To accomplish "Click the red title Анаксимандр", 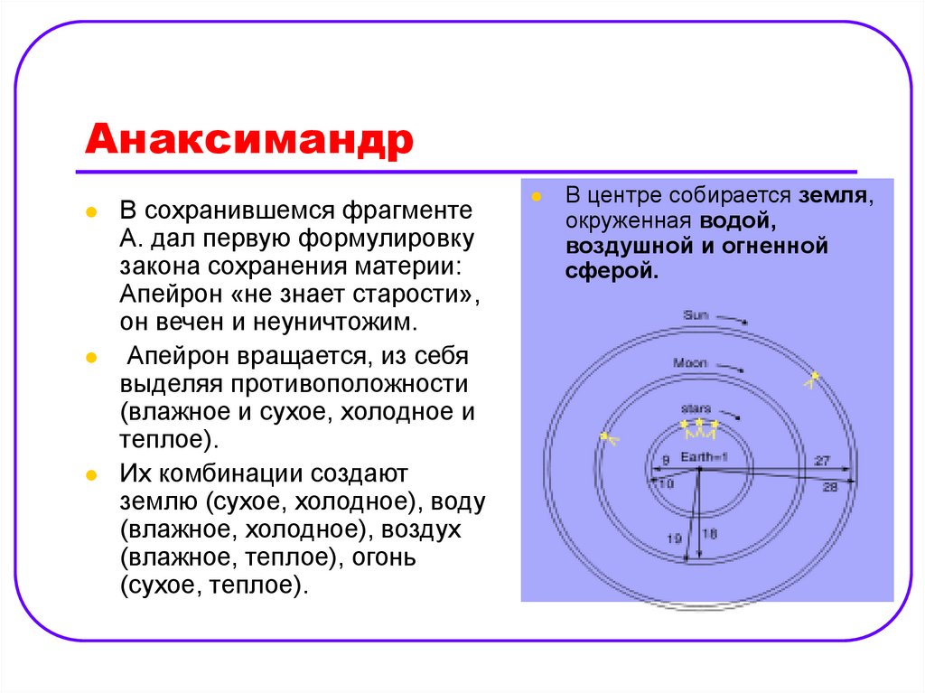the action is click(x=249, y=140).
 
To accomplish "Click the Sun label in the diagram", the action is click(x=696, y=315).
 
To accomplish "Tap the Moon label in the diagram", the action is click(x=689, y=362).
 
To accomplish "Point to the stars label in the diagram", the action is click(x=696, y=408).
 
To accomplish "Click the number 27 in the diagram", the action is click(x=822, y=461).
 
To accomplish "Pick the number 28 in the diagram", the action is click(x=830, y=487).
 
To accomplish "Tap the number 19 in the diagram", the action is click(x=674, y=538).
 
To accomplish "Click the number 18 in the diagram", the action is click(x=710, y=534).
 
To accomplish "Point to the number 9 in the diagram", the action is click(x=666, y=460).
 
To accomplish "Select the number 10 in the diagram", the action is click(x=666, y=484).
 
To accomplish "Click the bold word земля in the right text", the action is click(x=833, y=195).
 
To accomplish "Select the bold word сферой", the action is click(x=612, y=271).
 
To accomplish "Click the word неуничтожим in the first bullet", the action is click(x=335, y=323).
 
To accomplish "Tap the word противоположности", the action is click(x=350, y=384).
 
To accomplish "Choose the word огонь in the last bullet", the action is click(x=383, y=557).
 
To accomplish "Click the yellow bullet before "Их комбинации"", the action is click(x=91, y=475).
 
